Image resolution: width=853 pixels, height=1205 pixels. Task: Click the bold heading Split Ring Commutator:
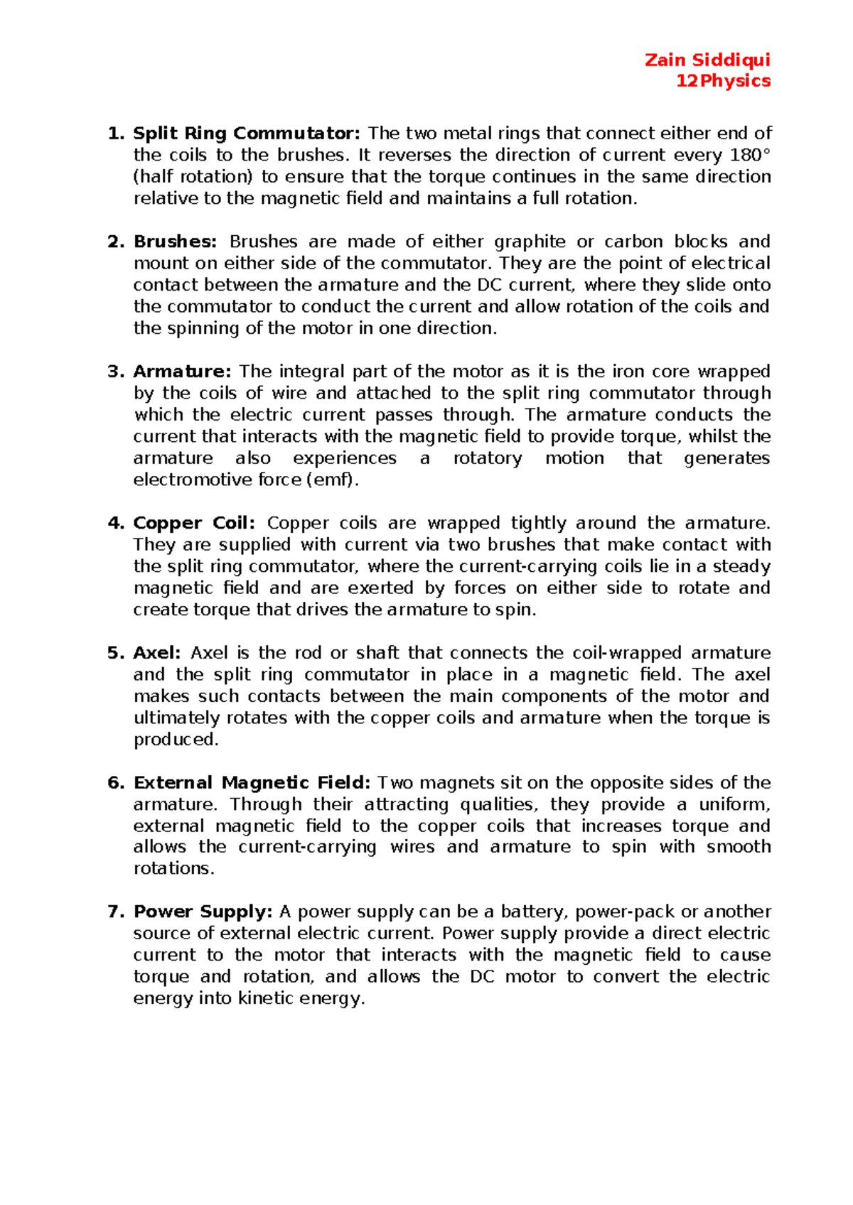point(247,134)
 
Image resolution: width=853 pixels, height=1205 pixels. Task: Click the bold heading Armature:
point(182,372)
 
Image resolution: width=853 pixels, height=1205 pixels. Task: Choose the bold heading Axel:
point(157,653)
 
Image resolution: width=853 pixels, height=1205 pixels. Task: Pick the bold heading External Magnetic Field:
point(252,783)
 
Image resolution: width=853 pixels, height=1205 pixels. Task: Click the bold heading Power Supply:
point(203,912)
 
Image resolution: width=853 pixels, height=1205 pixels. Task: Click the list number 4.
point(114,524)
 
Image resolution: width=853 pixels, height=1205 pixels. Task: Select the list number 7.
point(114,912)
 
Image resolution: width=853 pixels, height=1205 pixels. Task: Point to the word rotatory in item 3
point(487,458)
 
